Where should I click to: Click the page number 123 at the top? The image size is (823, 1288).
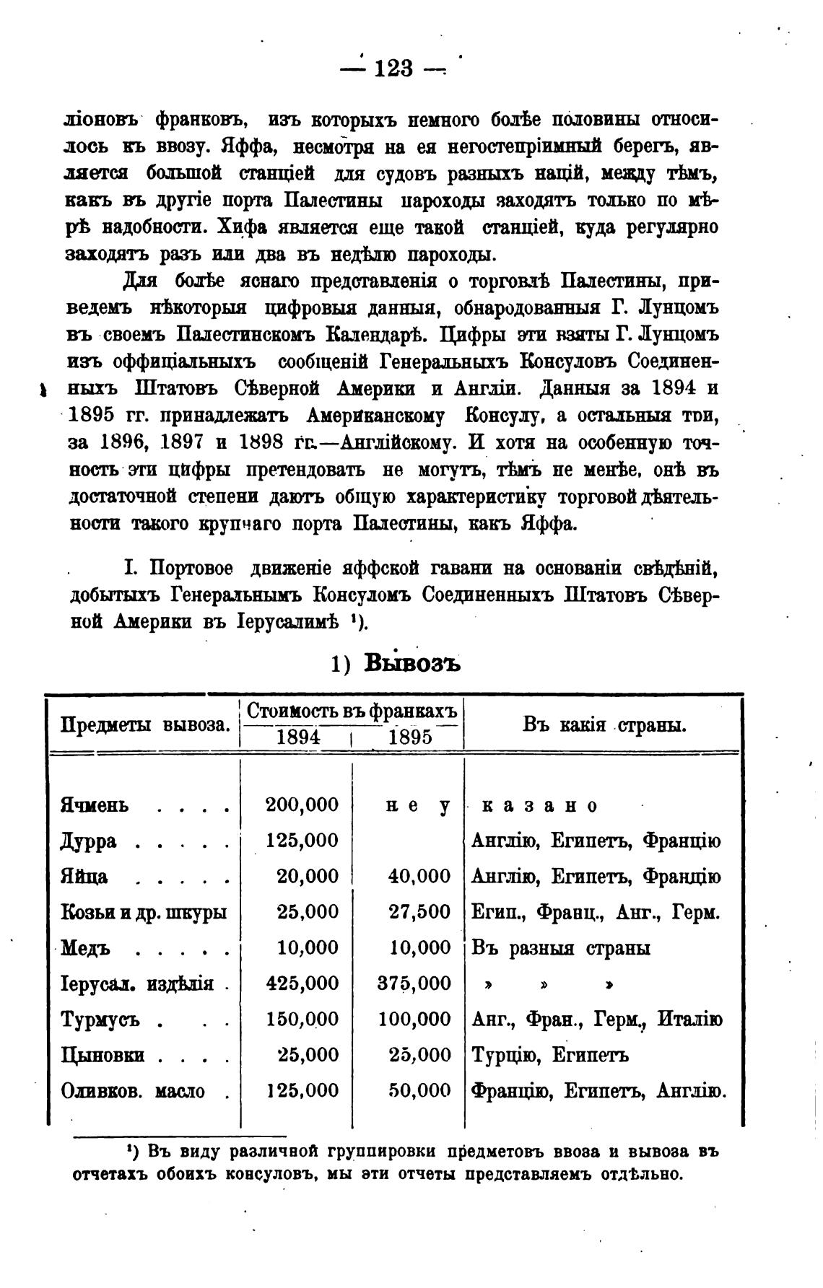[x=393, y=69]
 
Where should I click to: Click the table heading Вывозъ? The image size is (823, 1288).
[x=412, y=662]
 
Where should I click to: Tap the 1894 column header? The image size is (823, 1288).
[x=299, y=737]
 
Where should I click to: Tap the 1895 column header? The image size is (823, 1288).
[x=410, y=737]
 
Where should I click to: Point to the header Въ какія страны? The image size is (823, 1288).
[x=604, y=724]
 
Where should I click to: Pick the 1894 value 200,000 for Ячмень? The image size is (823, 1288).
[x=302, y=805]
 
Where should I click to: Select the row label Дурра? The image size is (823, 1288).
[x=89, y=841]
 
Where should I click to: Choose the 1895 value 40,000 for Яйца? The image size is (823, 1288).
[x=419, y=876]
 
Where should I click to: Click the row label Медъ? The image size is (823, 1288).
[x=85, y=947]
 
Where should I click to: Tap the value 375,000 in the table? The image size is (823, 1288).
[x=414, y=983]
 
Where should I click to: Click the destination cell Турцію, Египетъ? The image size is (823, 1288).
[x=549, y=1055]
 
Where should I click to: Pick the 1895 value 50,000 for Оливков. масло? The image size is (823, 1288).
[x=419, y=1090]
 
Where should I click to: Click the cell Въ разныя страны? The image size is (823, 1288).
[x=560, y=947]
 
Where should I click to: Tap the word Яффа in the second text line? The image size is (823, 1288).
[x=240, y=146]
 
